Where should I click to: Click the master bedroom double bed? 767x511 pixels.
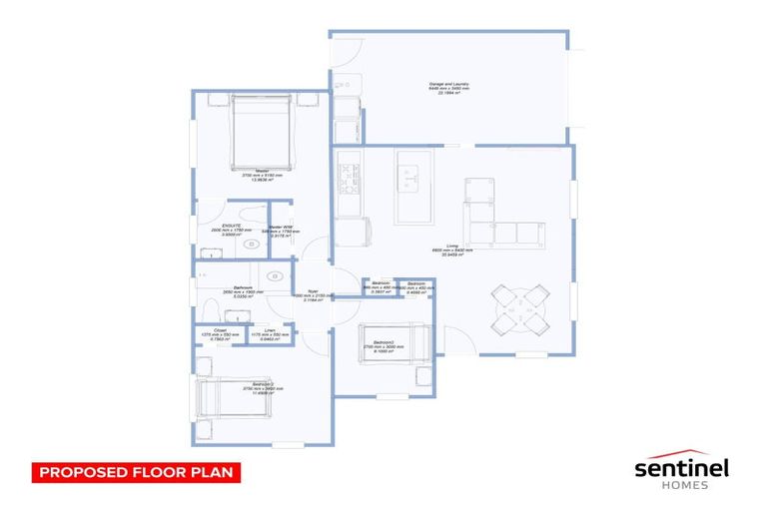(262, 132)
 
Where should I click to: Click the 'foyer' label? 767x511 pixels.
(314, 290)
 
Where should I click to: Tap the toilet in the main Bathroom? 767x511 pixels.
(210, 305)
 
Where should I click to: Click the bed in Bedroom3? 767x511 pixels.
(393, 341)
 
